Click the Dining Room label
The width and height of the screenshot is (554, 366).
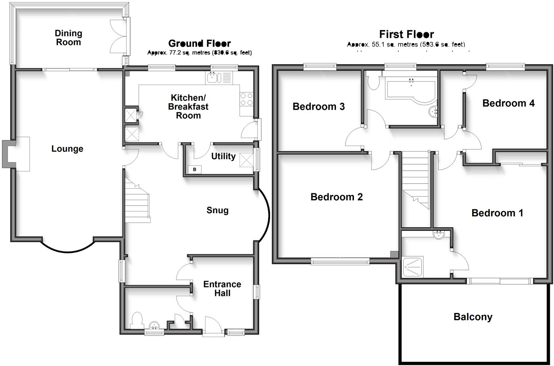68,38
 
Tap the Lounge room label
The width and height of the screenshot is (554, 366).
67,149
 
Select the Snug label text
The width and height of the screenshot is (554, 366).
217,210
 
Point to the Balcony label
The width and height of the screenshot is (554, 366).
473,317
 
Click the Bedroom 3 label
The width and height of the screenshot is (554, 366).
318,106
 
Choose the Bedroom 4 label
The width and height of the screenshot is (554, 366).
508,103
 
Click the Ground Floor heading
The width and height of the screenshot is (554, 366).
199,43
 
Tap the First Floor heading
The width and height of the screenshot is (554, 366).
406,34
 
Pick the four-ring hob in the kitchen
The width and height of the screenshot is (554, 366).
247,99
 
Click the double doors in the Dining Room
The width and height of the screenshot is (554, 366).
117,37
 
